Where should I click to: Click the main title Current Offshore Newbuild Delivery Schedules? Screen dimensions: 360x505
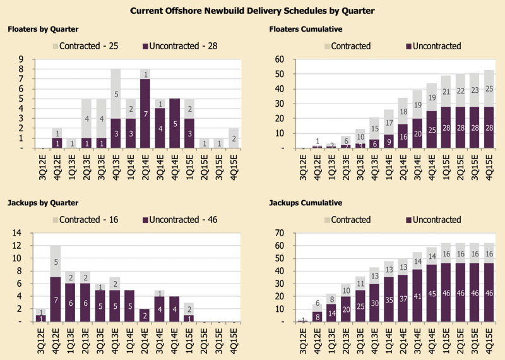252,10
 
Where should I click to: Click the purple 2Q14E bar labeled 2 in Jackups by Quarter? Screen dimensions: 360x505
145,315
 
